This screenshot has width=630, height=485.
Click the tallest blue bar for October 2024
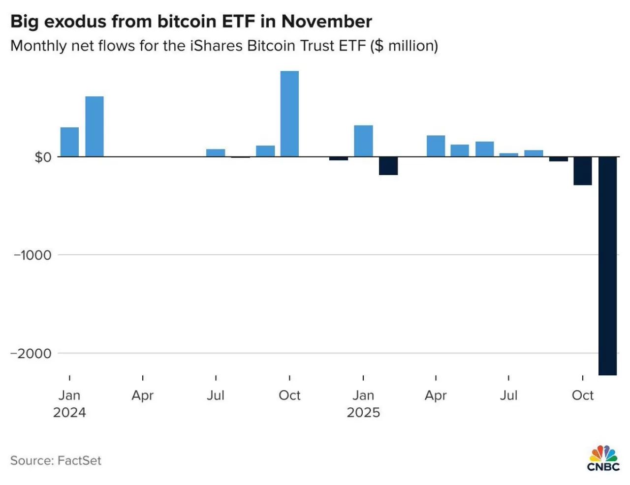pos(289,114)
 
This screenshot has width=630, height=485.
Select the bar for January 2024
pos(69,142)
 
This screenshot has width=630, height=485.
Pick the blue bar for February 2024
pos(94,126)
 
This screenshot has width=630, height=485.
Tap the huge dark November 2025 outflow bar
pos(607,266)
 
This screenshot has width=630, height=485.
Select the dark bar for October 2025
pos(583,171)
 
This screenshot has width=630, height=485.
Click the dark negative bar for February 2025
pos(388,166)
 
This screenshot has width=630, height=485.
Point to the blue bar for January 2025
pos(363,141)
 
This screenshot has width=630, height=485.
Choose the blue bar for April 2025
pos(436,146)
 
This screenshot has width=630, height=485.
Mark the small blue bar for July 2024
pos(216,153)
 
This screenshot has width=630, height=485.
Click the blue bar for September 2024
pos(265,152)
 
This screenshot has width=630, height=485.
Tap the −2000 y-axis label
pos(31,354)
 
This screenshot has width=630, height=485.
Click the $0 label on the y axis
pos(42,157)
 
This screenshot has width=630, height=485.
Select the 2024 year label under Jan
pos(69,412)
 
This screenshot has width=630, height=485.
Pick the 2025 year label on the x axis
pos(363,412)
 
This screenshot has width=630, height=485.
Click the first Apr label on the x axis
pos(143,395)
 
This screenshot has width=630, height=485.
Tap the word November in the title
pos(326,22)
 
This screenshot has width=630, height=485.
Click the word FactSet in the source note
pos(79,460)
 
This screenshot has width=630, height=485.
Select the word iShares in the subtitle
pos(216,46)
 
